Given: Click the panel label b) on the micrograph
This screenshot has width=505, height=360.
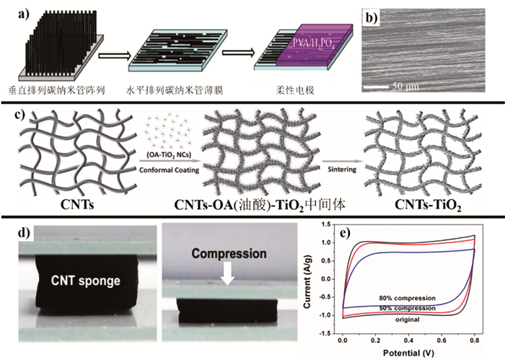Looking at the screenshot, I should (371, 16).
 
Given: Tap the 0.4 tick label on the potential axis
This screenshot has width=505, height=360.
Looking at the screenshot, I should (409, 340).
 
